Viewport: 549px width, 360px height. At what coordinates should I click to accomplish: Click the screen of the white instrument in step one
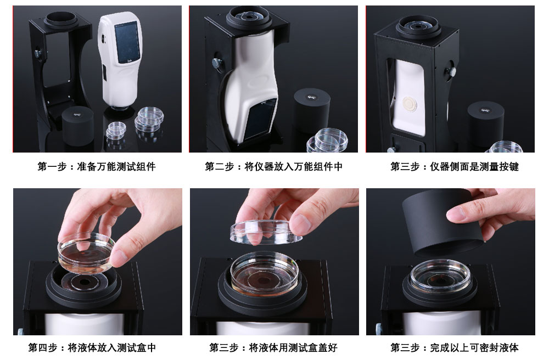click(128, 42)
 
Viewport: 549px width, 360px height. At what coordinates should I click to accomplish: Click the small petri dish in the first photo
click(116, 130)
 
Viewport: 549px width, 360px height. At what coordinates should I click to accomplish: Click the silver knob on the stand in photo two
click(217, 63)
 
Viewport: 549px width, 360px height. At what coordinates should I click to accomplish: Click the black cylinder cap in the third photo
click(486, 120)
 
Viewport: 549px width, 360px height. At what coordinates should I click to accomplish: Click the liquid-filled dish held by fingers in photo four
click(86, 252)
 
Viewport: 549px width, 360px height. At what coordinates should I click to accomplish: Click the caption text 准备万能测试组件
click(116, 166)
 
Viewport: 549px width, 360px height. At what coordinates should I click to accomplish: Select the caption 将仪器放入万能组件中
click(293, 166)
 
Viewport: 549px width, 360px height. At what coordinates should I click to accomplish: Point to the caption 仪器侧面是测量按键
click(474, 166)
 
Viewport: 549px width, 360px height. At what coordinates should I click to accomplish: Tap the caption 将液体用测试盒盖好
click(293, 348)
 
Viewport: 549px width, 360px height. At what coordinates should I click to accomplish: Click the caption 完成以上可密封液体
click(474, 348)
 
